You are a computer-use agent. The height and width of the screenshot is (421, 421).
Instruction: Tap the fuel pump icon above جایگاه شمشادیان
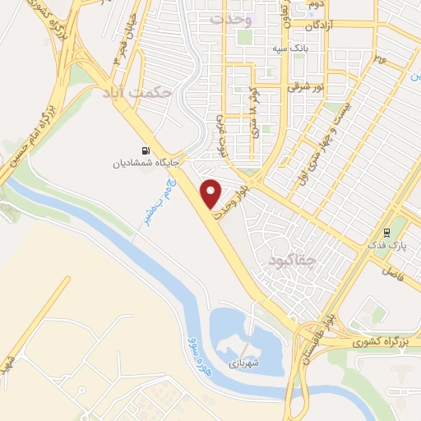(x=146, y=150)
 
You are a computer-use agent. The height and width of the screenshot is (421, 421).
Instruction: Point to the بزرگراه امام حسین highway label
(x=30, y=133)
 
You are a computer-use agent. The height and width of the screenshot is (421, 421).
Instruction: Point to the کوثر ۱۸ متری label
(x=252, y=114)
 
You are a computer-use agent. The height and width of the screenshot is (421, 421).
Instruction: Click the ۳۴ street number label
(x=380, y=58)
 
